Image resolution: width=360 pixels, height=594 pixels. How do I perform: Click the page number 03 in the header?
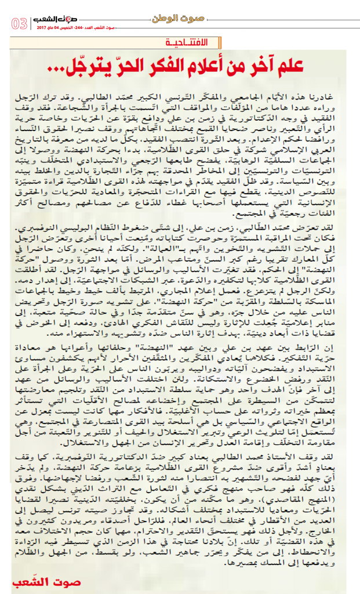tap(19, 24)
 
